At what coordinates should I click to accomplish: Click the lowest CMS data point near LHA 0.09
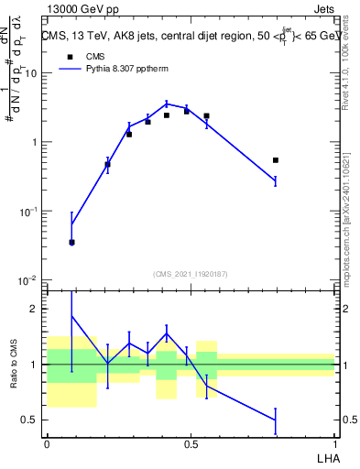[x=71, y=243]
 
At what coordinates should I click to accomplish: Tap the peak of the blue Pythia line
[x=167, y=103]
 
